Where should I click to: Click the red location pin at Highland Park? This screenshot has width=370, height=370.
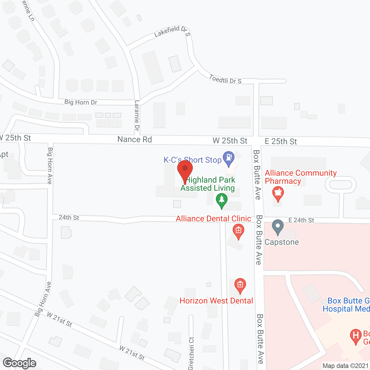coord(185,169)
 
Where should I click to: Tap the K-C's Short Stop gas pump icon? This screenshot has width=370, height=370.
coord(229,158)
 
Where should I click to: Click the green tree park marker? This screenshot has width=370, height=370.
coord(222,200)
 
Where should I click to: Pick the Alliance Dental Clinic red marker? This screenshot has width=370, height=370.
coord(238,231)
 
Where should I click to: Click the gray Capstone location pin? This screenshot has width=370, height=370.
coord(278,226)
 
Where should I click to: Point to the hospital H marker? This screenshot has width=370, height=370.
coord(356,336)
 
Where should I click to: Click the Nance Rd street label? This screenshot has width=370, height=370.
coord(135,140)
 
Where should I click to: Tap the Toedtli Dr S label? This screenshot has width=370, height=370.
coord(225,79)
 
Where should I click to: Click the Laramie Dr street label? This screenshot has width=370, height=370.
coord(137,115)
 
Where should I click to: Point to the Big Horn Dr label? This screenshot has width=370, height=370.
coord(81,102)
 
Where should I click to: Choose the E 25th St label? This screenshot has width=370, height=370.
coord(281,141)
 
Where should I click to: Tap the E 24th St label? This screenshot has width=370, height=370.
coord(301,220)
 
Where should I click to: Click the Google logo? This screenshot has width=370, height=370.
coord(20,363)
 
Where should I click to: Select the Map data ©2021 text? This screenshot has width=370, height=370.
coord(345,366)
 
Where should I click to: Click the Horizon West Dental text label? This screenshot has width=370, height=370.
coord(216,301)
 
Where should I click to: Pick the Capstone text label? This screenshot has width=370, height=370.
coord(282,242)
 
